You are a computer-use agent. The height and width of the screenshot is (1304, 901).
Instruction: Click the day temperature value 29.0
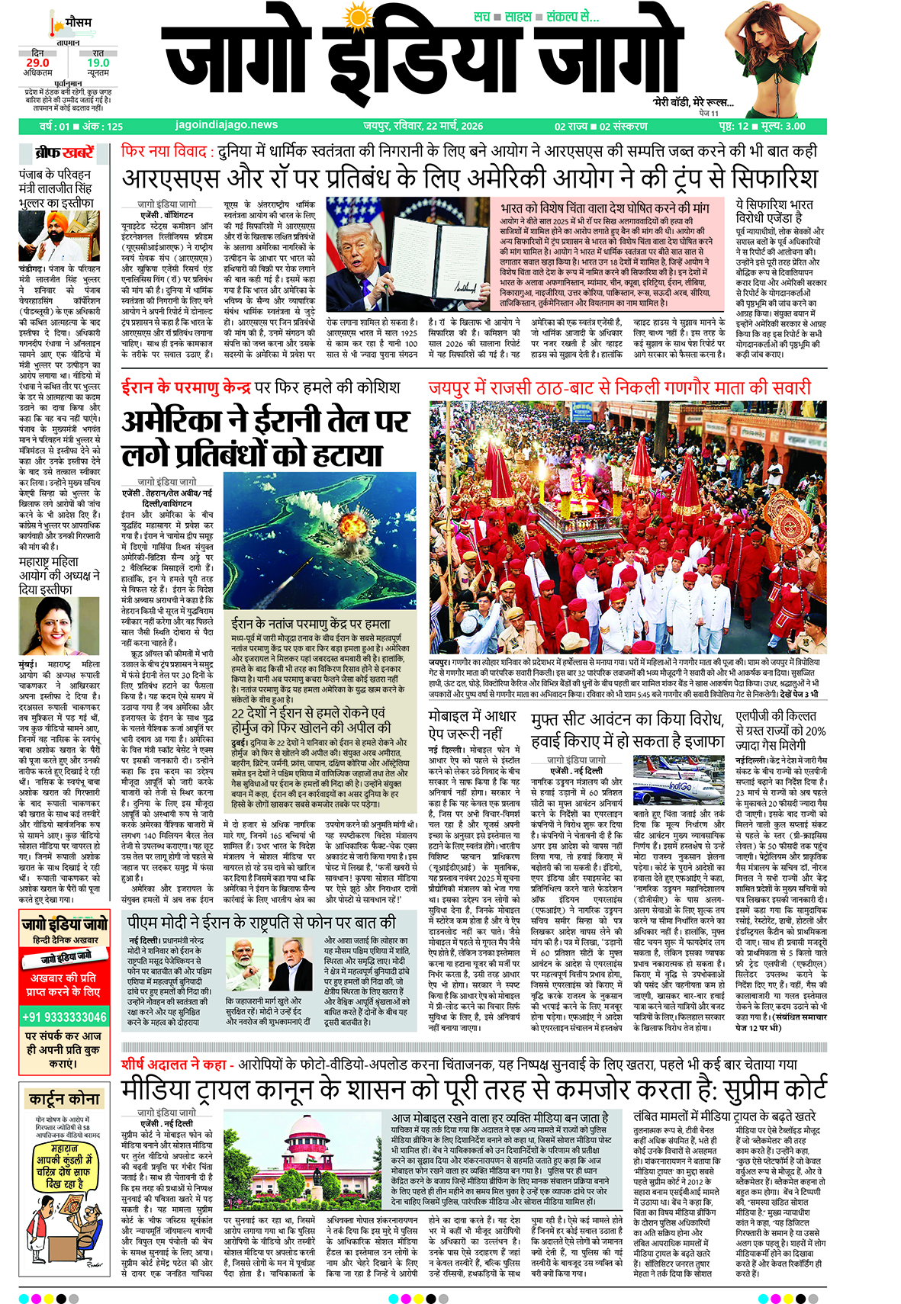(x=37, y=63)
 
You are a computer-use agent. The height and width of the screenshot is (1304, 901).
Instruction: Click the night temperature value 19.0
(x=98, y=63)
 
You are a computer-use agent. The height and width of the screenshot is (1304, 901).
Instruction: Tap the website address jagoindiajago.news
(x=227, y=125)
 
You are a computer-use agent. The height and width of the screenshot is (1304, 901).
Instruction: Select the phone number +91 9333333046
(x=64, y=1017)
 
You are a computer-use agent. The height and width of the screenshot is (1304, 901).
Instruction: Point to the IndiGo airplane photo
(x=677, y=781)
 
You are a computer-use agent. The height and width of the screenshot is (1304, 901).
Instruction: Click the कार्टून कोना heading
(x=64, y=1099)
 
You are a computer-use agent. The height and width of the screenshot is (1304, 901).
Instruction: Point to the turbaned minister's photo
(x=59, y=236)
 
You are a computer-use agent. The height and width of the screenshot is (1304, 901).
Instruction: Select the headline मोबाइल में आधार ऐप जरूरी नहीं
(x=472, y=724)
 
